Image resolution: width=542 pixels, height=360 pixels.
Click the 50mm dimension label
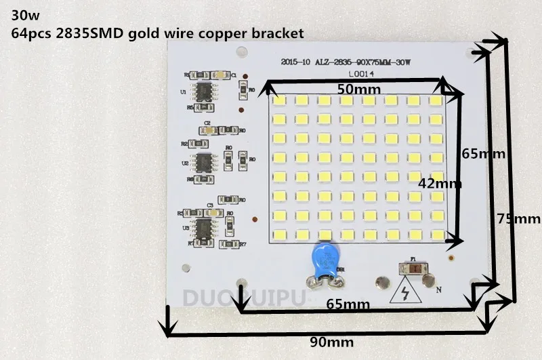pyautogui.click(x=359, y=89)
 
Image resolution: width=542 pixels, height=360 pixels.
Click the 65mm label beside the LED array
pyautogui.click(x=484, y=154)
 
